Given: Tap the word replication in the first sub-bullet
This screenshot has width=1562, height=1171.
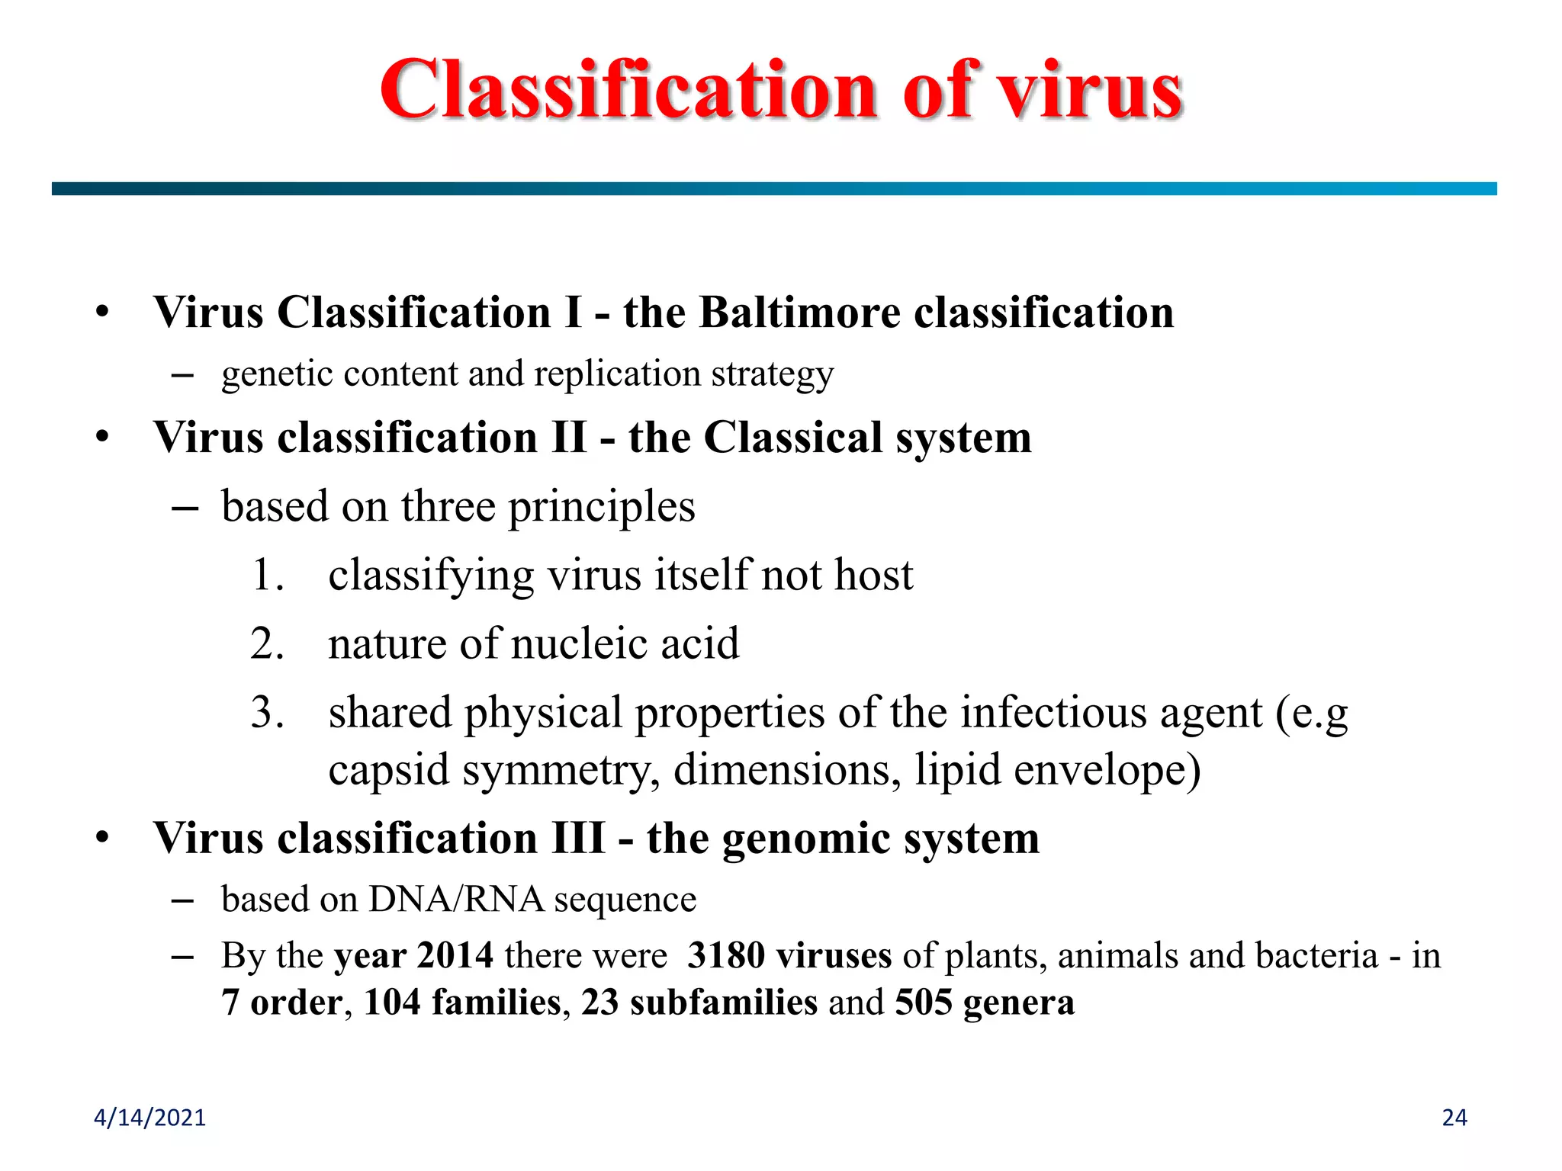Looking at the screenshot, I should [617, 374].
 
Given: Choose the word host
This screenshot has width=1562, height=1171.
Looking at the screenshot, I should [873, 575].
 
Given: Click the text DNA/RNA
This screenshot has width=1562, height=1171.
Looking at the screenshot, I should [456, 899].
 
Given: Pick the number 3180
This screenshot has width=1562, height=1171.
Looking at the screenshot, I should [725, 955].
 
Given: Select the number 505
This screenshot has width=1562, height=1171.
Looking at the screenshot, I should [924, 1002].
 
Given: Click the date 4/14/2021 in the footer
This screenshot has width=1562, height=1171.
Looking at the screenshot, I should [149, 1118].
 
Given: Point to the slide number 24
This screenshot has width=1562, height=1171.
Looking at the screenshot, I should [1454, 1118].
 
